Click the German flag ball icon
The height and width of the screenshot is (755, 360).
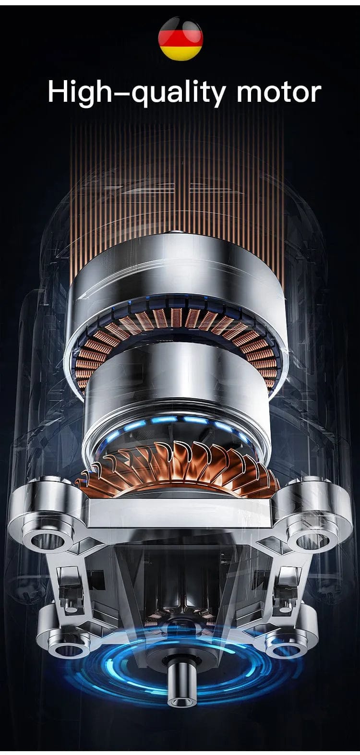coord(180,38)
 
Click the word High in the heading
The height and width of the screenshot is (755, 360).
coord(79,92)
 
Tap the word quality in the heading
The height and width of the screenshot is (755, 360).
coord(178,93)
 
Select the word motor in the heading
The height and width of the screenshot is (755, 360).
coord(279,92)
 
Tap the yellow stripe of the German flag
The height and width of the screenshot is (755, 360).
coord(180,54)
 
